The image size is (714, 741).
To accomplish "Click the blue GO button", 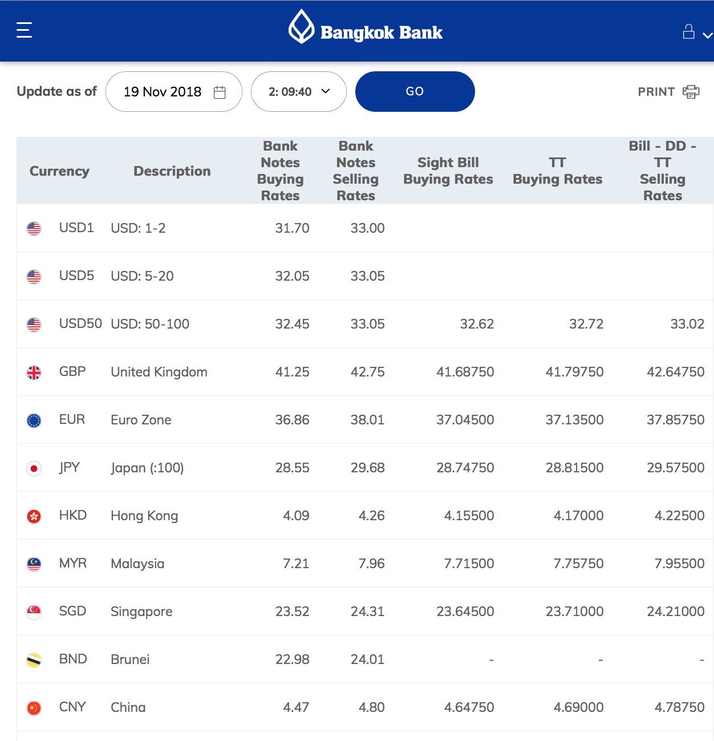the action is pyautogui.click(x=415, y=91).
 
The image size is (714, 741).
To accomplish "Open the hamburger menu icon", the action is pyautogui.click(x=24, y=30).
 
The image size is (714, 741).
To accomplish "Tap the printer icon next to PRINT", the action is pyautogui.click(x=691, y=92).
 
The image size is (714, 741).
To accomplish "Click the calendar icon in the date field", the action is pyautogui.click(x=220, y=92).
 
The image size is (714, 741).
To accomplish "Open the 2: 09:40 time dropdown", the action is pyautogui.click(x=299, y=91).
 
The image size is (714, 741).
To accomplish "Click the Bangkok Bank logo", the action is pyautogui.click(x=366, y=27).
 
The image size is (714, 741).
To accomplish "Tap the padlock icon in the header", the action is pyautogui.click(x=688, y=31).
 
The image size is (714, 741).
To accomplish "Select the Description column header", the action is pyautogui.click(x=172, y=171).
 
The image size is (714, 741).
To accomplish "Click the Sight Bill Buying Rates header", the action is pyautogui.click(x=448, y=171).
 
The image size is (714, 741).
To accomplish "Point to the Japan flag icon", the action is pyautogui.click(x=34, y=468).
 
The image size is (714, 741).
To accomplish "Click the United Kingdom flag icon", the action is pyautogui.click(x=34, y=372).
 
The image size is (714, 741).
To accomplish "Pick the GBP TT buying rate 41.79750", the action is pyautogui.click(x=574, y=372).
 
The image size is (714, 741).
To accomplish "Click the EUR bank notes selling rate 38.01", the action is pyautogui.click(x=367, y=420).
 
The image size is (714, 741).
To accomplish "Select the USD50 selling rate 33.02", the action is pyautogui.click(x=687, y=323).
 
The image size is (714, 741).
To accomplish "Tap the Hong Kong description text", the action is pyautogui.click(x=144, y=516).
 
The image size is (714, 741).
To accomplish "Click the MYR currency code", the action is pyautogui.click(x=72, y=563).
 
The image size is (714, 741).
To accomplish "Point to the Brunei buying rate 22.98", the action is pyautogui.click(x=293, y=659).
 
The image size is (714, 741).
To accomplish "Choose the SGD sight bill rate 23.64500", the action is pyautogui.click(x=465, y=611).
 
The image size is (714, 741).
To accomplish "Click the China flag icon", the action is pyautogui.click(x=34, y=708).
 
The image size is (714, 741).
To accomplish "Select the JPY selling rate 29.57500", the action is pyautogui.click(x=676, y=468).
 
